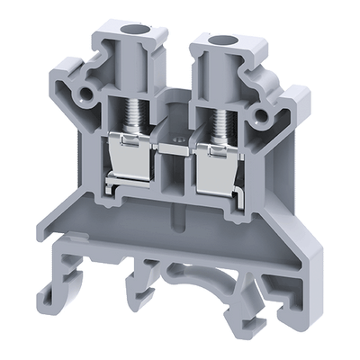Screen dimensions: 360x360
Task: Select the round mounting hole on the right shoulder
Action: (264, 114)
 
